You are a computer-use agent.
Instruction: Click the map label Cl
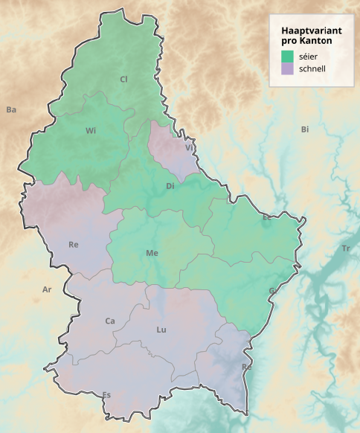[123, 79]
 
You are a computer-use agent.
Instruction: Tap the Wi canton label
[91, 131]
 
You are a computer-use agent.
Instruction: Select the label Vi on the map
[189, 147]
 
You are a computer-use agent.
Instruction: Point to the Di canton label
[170, 185]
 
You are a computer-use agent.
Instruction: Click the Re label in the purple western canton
[74, 244]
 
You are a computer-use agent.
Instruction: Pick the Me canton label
[152, 254]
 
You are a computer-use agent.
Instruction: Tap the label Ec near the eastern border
[267, 218]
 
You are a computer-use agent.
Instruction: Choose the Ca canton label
[110, 321]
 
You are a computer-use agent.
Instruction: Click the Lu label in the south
[161, 329]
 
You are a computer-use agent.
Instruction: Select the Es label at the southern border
[107, 394]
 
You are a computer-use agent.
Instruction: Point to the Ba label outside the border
[11, 110]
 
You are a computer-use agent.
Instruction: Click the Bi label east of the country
[304, 129]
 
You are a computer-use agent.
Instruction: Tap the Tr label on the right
[345, 248]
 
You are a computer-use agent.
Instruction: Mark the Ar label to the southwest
[48, 289]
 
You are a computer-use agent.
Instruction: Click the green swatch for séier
[288, 56]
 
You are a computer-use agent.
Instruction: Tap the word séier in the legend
[309, 56]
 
